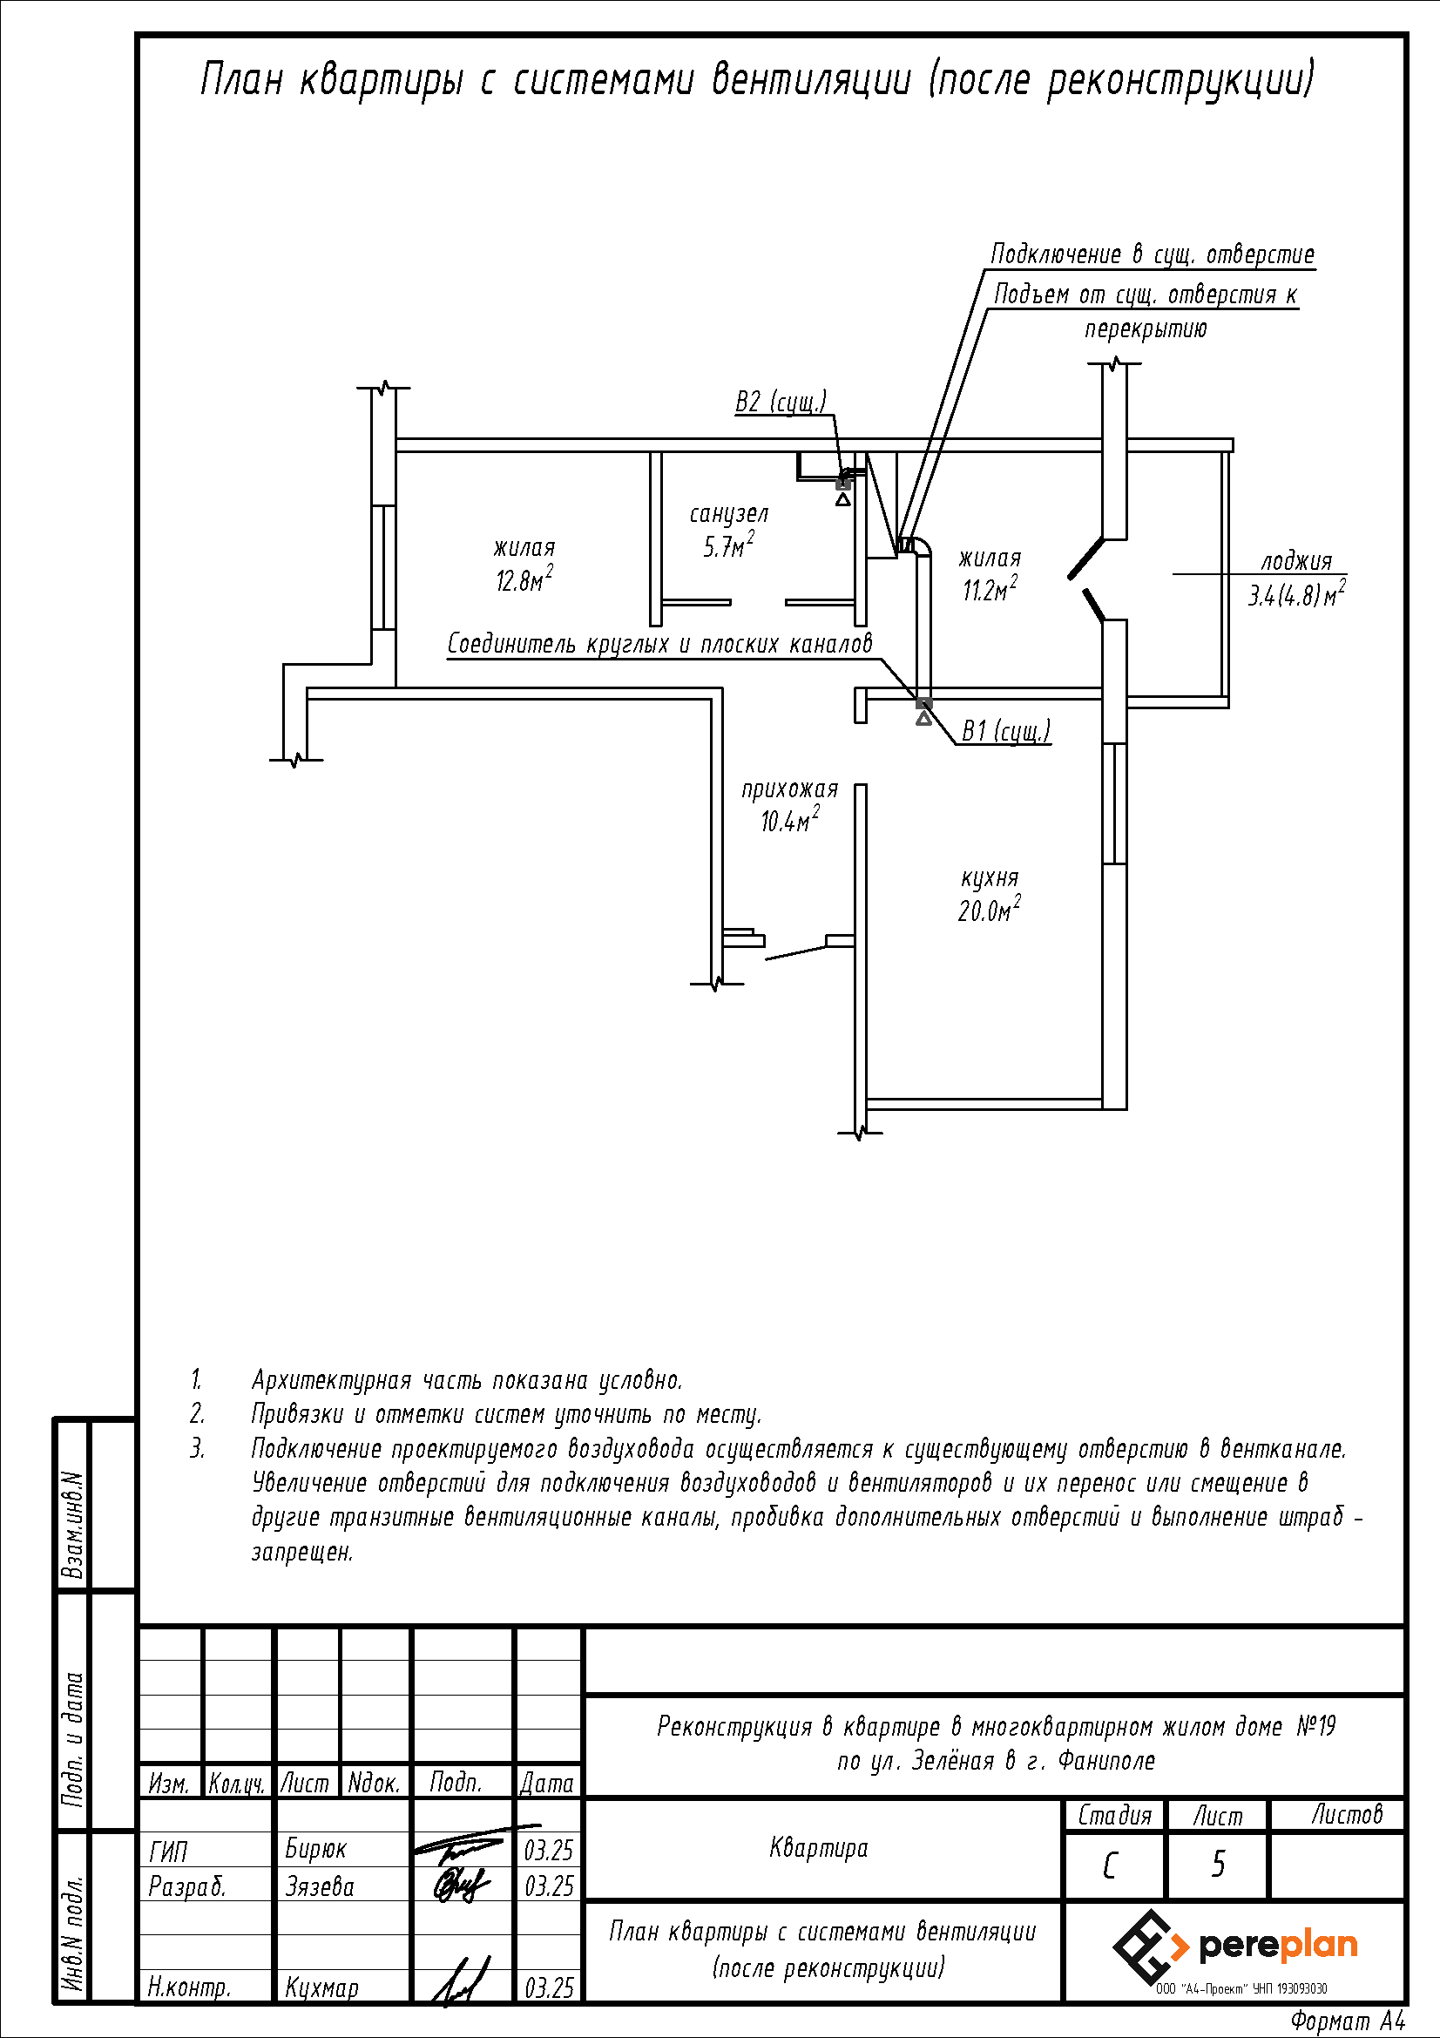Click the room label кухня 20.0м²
click(x=989, y=895)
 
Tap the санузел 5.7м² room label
click(x=728, y=531)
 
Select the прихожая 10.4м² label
click(x=788, y=805)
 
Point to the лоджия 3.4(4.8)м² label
click(x=1296, y=578)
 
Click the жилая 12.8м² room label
click(x=524, y=565)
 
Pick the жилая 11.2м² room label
click(x=990, y=574)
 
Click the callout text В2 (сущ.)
click(x=780, y=402)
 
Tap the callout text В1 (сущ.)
click(x=1005, y=730)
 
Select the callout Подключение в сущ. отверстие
click(x=1152, y=254)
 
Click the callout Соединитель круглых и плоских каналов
click(x=659, y=644)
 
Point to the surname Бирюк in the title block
click(x=316, y=1849)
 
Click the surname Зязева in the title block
click(x=320, y=1886)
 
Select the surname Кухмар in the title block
click(x=321, y=1987)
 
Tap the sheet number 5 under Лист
click(x=1218, y=1865)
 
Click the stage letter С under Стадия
click(x=1110, y=1866)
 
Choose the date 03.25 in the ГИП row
click(x=548, y=1851)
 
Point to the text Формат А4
click(x=1348, y=2021)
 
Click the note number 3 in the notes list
click(x=197, y=1450)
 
